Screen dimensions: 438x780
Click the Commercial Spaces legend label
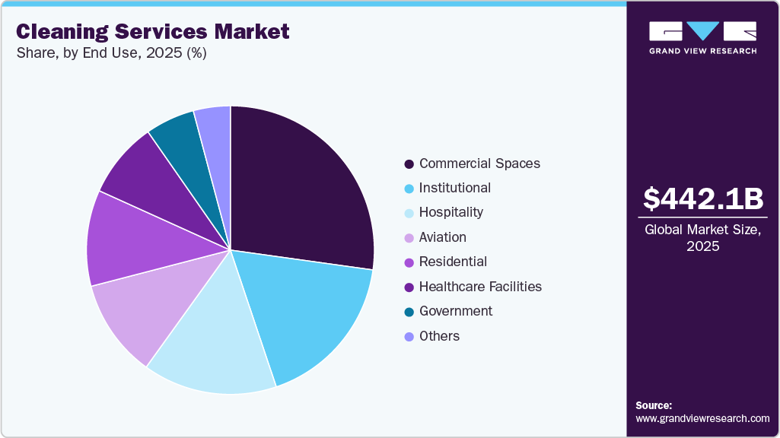point(479,163)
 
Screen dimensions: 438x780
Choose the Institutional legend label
point(455,188)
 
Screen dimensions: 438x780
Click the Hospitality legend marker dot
point(409,213)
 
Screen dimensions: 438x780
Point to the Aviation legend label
point(443,237)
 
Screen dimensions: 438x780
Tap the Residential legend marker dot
point(409,262)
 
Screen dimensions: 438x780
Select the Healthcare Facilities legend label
point(480,287)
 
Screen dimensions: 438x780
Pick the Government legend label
point(456,311)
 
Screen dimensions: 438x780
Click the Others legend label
point(439,336)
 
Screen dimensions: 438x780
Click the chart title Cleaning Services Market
point(153,31)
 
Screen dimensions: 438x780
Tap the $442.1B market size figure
point(702,198)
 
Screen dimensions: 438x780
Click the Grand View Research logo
point(702,36)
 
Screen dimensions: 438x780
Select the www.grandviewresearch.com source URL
point(702,418)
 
